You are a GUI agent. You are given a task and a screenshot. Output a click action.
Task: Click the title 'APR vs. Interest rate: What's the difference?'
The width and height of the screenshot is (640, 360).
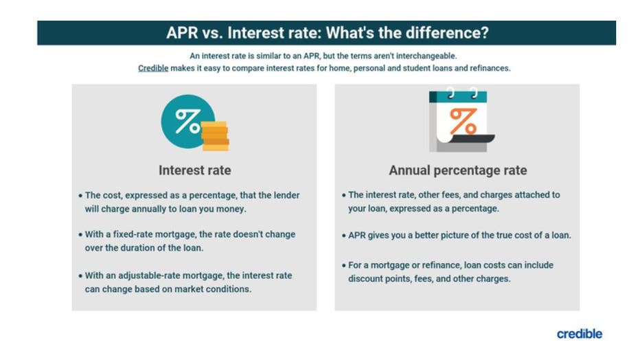pos(327,33)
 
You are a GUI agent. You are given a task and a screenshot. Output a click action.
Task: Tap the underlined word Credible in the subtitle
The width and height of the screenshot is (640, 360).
pos(153,69)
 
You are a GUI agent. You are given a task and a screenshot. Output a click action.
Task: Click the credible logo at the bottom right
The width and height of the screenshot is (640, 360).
pos(579,334)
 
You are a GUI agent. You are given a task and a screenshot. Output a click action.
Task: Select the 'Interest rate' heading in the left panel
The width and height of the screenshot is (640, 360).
pos(194,170)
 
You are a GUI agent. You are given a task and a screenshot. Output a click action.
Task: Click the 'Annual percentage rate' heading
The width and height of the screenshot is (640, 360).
pos(457,170)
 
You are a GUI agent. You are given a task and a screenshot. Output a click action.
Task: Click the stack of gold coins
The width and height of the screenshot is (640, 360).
pos(216,135)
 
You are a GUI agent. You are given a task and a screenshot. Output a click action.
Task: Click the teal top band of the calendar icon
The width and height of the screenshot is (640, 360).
pos(457,96)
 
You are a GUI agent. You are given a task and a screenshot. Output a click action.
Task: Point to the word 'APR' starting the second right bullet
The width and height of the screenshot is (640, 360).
pos(358,235)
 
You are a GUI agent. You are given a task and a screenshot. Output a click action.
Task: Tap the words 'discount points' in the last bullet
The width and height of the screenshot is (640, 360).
pos(380,278)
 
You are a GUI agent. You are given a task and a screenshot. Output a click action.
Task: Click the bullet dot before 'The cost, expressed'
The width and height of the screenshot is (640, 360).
pos(80,196)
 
